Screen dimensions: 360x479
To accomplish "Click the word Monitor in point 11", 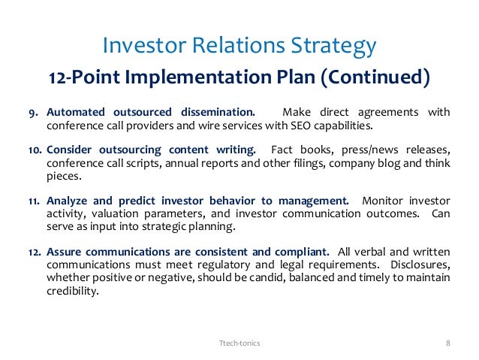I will [382, 201].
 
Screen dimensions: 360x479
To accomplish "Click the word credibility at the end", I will [73, 292].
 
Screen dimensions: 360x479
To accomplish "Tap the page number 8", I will [448, 342].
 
